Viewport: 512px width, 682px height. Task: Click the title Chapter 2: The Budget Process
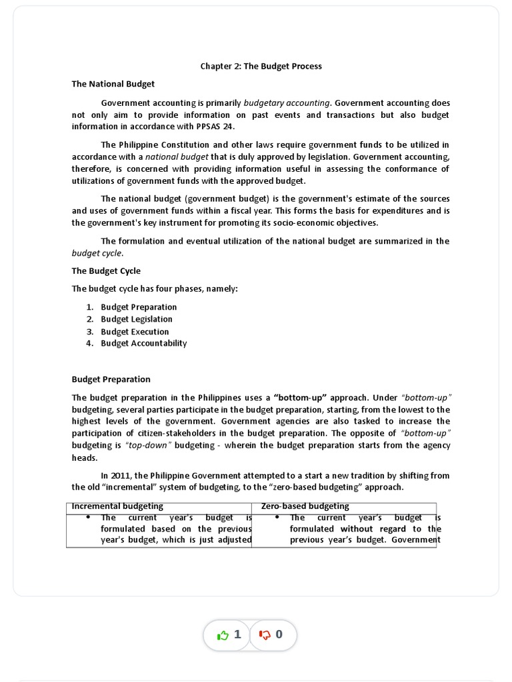coord(261,66)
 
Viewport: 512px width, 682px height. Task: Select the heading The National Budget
coord(113,84)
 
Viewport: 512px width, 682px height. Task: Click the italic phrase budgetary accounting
coord(287,103)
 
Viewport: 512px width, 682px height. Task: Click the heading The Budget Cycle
coord(106,271)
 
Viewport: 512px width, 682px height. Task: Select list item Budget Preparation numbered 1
coord(139,307)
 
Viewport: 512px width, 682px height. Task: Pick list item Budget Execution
coord(135,332)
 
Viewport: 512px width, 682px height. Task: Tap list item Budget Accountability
coord(143,344)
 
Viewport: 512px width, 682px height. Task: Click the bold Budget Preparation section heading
coord(111,379)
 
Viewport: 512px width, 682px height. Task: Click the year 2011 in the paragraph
coord(121,476)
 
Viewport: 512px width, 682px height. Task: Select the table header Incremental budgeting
coord(117,507)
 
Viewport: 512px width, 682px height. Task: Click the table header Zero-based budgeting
coord(305,507)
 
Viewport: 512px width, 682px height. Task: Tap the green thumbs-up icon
coord(223,635)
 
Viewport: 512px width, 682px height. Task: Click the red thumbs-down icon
coord(265,635)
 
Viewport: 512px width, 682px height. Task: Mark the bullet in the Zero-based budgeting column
coord(277,517)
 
